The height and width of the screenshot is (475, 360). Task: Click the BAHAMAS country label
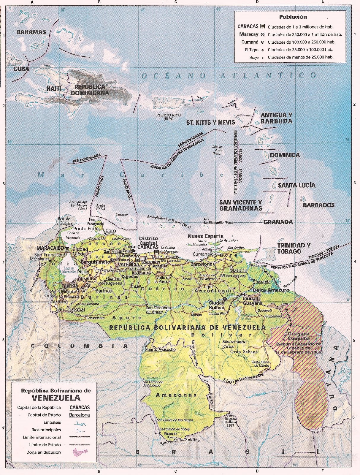coord(31,32)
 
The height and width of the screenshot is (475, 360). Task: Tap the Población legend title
coord(293,17)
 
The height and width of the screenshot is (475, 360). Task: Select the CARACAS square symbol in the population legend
coord(262,26)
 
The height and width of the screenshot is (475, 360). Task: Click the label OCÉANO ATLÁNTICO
coord(229,75)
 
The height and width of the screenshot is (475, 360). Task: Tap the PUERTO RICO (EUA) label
coord(169,117)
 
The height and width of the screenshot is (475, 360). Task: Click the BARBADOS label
coord(318,205)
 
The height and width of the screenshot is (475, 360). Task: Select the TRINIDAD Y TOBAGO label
coord(294,248)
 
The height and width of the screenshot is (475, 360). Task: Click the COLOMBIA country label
coord(80,346)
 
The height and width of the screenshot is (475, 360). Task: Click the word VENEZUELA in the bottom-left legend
coord(56,398)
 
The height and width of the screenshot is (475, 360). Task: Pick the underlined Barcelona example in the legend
coord(79,415)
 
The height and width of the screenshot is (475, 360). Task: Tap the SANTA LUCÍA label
coord(296,185)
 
